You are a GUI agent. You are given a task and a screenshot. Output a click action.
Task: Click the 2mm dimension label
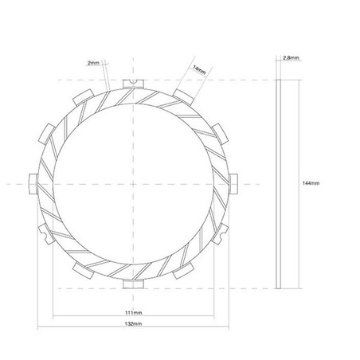pyautogui.click(x=93, y=63)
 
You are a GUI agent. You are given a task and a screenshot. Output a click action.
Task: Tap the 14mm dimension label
pyautogui.click(x=199, y=69)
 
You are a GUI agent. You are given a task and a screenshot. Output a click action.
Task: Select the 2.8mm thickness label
pyautogui.click(x=291, y=57)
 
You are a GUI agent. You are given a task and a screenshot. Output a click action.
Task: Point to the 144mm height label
pyautogui.click(x=311, y=183)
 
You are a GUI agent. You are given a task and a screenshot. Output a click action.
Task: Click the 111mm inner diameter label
pyautogui.click(x=133, y=312)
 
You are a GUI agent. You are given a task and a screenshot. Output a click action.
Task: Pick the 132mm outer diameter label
pyautogui.click(x=133, y=323)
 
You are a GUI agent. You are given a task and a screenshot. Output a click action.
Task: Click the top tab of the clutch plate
pyautogui.click(x=133, y=84)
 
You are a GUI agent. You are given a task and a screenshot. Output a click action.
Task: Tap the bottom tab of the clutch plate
pyautogui.click(x=133, y=284)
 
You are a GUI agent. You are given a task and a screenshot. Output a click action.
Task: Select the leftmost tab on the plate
pyautogui.click(x=33, y=184)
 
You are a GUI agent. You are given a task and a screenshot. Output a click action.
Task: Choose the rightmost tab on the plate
pyautogui.click(x=233, y=184)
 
